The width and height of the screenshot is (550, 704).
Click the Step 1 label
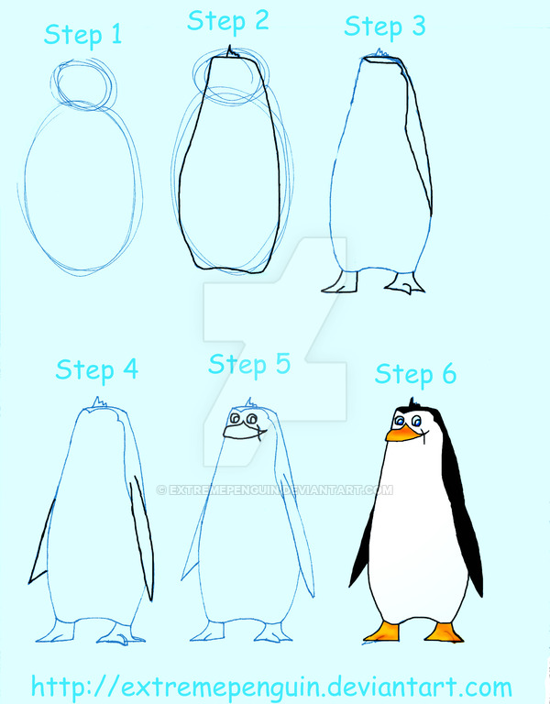pos(82,36)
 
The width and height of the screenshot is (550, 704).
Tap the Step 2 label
pos(228,21)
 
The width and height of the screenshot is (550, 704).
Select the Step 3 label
pos(385,27)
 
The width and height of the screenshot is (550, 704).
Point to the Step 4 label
pos(96,370)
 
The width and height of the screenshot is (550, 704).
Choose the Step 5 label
pos(249,364)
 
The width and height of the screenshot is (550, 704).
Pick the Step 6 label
pos(415,374)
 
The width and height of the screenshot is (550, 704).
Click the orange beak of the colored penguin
pos(400,434)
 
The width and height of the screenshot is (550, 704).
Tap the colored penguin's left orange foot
pos(382,631)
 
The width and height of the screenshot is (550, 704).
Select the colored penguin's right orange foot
pos(444,632)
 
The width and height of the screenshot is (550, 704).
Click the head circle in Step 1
pos(85,82)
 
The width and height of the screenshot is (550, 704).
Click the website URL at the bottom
pos(271,686)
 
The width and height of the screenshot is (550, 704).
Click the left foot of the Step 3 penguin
pos(339,284)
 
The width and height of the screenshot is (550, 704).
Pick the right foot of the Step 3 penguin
pos(404,285)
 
